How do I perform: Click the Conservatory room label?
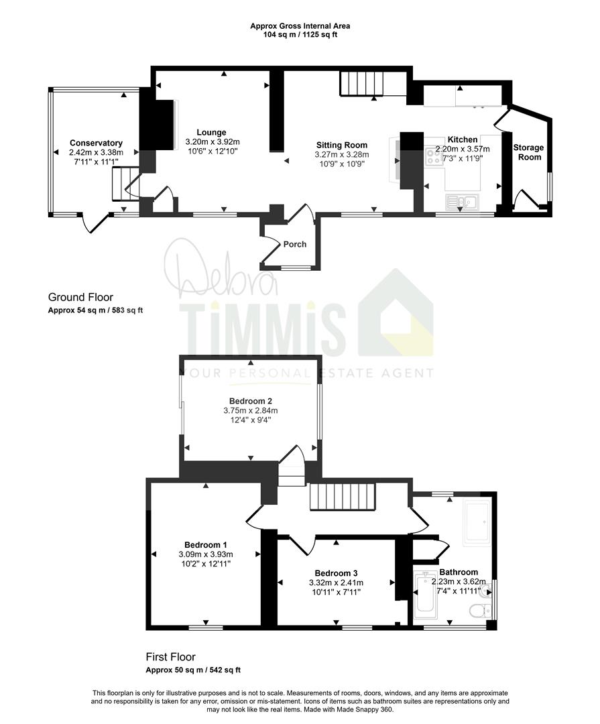(96, 143)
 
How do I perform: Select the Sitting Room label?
(342, 145)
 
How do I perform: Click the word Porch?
(295, 244)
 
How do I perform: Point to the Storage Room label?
(529, 152)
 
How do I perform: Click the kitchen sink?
(463, 201)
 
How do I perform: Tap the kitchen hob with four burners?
(434, 155)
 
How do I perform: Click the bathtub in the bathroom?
(425, 596)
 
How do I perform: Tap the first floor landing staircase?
(341, 496)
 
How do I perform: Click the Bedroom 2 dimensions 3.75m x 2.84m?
(251, 410)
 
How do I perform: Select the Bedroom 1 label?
(206, 545)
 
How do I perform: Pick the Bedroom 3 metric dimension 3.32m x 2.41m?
(337, 583)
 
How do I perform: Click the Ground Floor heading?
(80, 298)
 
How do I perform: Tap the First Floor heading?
(170, 656)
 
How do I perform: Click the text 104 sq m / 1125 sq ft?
(300, 35)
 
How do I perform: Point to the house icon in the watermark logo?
(396, 312)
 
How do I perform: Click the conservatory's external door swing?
(94, 223)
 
